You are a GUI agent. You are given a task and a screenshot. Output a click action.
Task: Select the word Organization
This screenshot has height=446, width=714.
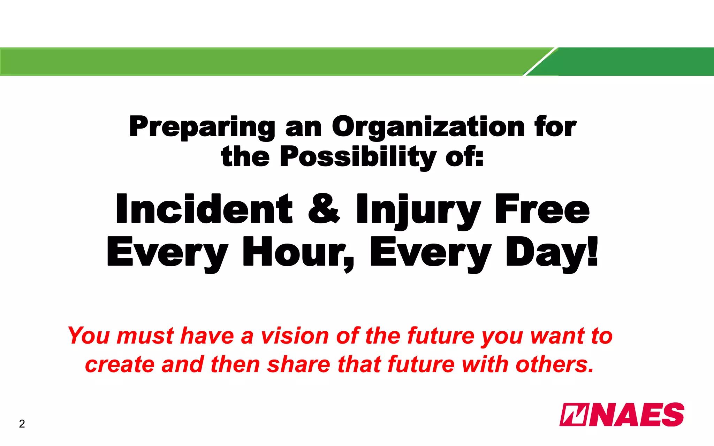click(x=428, y=128)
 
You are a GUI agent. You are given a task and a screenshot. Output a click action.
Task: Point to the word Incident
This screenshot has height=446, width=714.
click(x=204, y=209)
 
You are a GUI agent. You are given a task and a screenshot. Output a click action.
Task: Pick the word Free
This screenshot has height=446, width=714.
click(x=542, y=209)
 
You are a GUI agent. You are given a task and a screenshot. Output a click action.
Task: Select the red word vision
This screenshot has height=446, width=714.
click(x=295, y=336)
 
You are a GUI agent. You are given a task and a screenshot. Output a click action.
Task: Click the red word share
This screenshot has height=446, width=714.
click(x=298, y=364)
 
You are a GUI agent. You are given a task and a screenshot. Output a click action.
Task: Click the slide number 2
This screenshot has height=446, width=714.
click(x=22, y=424)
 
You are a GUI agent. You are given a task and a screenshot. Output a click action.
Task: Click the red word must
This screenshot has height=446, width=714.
click(x=145, y=336)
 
